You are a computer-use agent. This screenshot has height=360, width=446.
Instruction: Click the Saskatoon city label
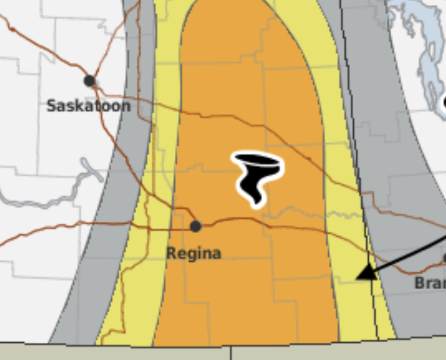tap(89, 106)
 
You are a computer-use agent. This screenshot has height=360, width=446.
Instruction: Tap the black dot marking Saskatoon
tap(90, 80)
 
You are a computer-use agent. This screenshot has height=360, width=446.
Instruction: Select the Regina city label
tap(193, 253)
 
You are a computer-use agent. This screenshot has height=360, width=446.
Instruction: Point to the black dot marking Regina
tap(196, 226)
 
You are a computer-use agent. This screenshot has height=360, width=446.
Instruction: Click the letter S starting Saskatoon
tap(51, 106)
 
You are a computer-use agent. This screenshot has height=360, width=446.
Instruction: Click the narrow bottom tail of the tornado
tap(256, 200)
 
